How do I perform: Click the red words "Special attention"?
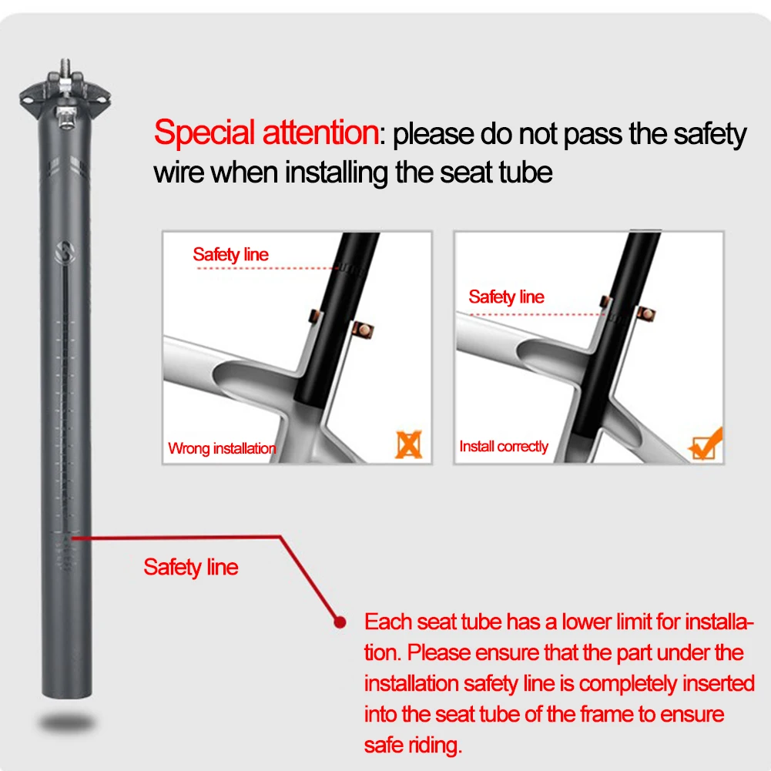coord(265,132)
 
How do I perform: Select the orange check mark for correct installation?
coord(705,444)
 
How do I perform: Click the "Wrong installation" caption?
coord(222,448)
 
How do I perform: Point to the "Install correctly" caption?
coord(504,447)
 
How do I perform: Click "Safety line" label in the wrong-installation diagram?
coord(230,254)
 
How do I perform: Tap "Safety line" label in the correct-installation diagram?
coord(506,297)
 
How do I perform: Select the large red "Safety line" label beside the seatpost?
coord(191,568)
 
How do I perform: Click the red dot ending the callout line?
coord(337,621)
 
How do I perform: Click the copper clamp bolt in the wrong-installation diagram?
coord(361,330)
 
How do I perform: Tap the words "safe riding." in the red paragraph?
coord(414,745)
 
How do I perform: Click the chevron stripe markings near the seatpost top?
coord(66,165)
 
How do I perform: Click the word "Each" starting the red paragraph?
coord(388,622)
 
